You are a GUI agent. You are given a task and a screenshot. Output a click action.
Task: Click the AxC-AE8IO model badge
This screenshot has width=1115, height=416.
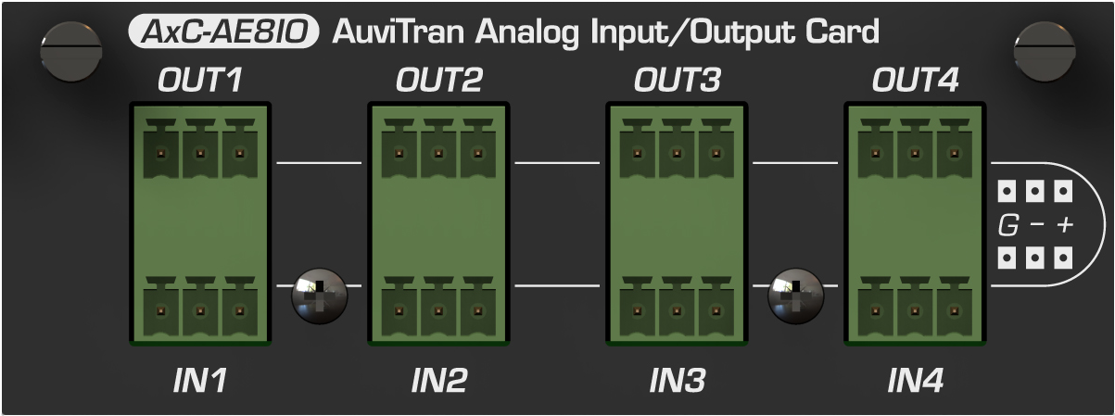223,32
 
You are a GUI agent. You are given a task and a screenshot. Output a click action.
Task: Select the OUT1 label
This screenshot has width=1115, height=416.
200,80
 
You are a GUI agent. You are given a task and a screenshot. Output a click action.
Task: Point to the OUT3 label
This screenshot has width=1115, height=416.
677,80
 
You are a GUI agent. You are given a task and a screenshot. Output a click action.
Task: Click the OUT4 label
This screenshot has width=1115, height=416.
915,80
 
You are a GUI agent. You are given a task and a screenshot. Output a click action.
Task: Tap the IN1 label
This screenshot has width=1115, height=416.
200,381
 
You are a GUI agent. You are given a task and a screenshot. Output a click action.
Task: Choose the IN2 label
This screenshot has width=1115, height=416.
439,381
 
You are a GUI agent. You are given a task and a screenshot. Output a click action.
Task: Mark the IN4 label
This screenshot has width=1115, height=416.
916,381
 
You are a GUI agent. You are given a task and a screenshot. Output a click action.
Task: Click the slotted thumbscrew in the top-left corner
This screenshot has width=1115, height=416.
71,51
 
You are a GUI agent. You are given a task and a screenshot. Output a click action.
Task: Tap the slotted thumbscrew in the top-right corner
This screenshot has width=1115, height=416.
1045,51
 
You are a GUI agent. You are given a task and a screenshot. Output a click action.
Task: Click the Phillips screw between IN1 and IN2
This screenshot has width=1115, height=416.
319,296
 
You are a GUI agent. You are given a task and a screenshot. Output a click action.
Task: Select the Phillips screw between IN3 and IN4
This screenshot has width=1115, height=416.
795,296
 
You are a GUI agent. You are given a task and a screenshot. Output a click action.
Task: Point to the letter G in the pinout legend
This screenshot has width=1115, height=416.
1008,225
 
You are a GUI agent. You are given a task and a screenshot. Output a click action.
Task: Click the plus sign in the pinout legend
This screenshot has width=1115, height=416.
1065,225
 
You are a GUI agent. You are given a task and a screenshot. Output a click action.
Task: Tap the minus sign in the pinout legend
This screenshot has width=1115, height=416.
1037,224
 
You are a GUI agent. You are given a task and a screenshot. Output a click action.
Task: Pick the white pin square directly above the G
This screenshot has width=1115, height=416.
1007,191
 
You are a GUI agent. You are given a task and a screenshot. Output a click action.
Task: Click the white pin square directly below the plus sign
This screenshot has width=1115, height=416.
1063,258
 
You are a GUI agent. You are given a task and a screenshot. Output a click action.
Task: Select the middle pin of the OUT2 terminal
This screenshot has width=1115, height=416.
438,153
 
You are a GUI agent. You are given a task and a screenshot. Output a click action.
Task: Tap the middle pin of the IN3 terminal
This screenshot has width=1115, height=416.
677,311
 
